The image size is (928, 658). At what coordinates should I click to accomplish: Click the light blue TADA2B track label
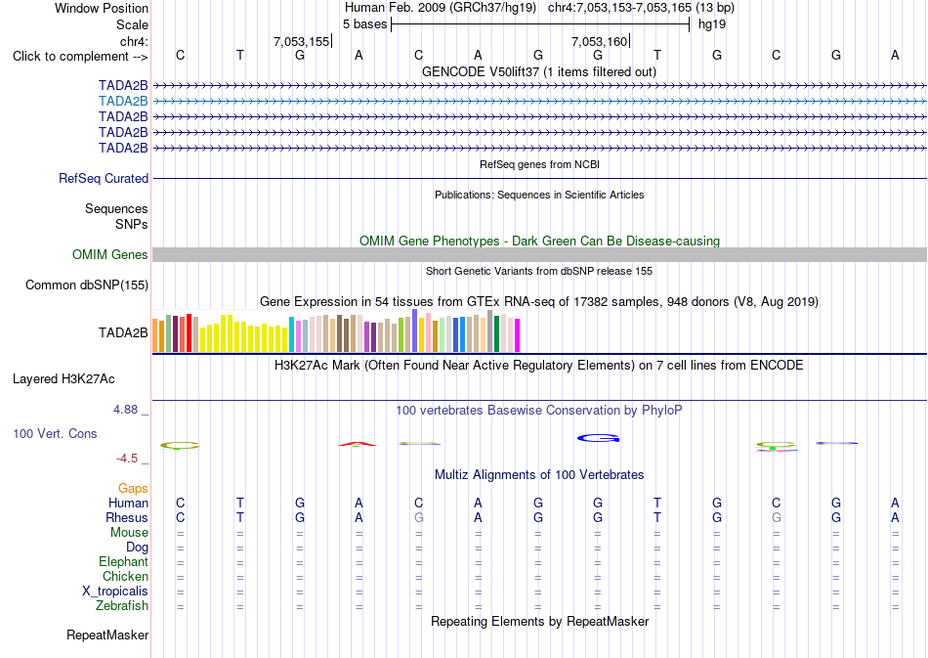[x=123, y=102]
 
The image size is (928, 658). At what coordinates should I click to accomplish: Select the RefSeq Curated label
[x=104, y=178]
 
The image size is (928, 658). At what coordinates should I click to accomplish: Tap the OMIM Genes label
[x=110, y=254]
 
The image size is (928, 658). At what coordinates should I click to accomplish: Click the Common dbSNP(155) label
[x=87, y=285]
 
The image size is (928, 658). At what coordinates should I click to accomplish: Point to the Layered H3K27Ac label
[x=63, y=379]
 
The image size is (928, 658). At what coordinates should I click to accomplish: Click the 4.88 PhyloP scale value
[x=125, y=410]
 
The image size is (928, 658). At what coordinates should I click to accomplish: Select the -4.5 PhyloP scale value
[x=127, y=459]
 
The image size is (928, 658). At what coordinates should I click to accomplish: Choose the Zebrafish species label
[x=122, y=605]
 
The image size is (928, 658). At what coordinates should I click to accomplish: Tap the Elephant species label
[x=123, y=561]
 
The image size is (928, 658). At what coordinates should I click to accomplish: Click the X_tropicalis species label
[x=115, y=592]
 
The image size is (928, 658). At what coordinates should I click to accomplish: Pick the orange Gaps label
[x=133, y=488]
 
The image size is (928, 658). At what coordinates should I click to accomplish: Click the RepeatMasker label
[x=107, y=635]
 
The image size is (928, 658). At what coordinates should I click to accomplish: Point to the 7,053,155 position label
[x=301, y=41]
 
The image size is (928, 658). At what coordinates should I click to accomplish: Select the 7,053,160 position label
[x=599, y=41]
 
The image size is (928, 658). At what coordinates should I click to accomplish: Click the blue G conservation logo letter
[x=599, y=438]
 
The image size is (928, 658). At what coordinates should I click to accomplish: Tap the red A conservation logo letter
[x=358, y=444]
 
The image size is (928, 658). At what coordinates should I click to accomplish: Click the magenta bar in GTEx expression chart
[x=518, y=335]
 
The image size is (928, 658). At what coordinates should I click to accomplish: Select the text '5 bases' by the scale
[x=364, y=24]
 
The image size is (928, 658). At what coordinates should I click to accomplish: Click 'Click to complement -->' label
[x=80, y=57]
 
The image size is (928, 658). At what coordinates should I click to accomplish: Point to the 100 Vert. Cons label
[x=55, y=433]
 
